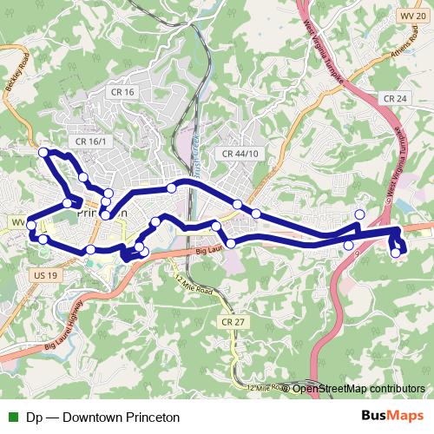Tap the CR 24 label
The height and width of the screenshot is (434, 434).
[x=396, y=100]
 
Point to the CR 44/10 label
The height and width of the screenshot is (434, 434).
[x=240, y=154]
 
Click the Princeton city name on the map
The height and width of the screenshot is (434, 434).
[x=102, y=211]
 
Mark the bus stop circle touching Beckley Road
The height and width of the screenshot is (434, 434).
[x=43, y=153]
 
